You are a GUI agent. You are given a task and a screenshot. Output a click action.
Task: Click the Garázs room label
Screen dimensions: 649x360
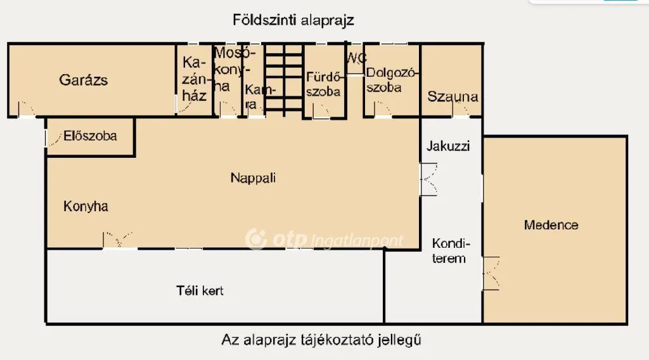click(x=83, y=80)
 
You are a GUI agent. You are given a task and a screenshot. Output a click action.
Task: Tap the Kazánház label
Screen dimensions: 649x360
click(x=194, y=79)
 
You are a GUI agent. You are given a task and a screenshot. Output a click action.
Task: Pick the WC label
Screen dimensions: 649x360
click(x=356, y=58)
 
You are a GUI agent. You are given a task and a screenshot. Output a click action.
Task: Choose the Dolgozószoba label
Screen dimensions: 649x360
click(x=390, y=80)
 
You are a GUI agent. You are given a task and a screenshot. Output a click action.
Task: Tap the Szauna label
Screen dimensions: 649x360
click(x=453, y=97)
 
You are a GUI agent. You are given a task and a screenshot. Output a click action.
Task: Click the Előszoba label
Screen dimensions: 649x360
click(x=90, y=136)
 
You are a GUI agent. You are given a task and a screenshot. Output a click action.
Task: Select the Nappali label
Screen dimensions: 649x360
click(x=253, y=178)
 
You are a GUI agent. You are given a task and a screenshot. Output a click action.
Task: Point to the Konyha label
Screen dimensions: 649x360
click(x=86, y=206)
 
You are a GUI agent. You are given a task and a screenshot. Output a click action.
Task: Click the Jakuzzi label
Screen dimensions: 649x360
click(x=448, y=146)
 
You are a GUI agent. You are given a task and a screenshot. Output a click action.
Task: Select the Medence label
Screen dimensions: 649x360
click(x=551, y=225)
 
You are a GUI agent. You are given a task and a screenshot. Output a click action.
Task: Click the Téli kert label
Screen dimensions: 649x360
click(x=200, y=290)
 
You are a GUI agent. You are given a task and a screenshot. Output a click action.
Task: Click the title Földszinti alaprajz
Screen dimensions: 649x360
click(x=293, y=20)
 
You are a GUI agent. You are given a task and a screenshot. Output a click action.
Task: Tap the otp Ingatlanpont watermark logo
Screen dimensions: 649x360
click(x=324, y=239)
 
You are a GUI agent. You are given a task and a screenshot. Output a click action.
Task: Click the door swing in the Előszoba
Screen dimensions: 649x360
click(x=53, y=138)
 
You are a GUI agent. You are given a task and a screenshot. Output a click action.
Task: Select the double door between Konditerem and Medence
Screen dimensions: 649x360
click(x=491, y=273)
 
